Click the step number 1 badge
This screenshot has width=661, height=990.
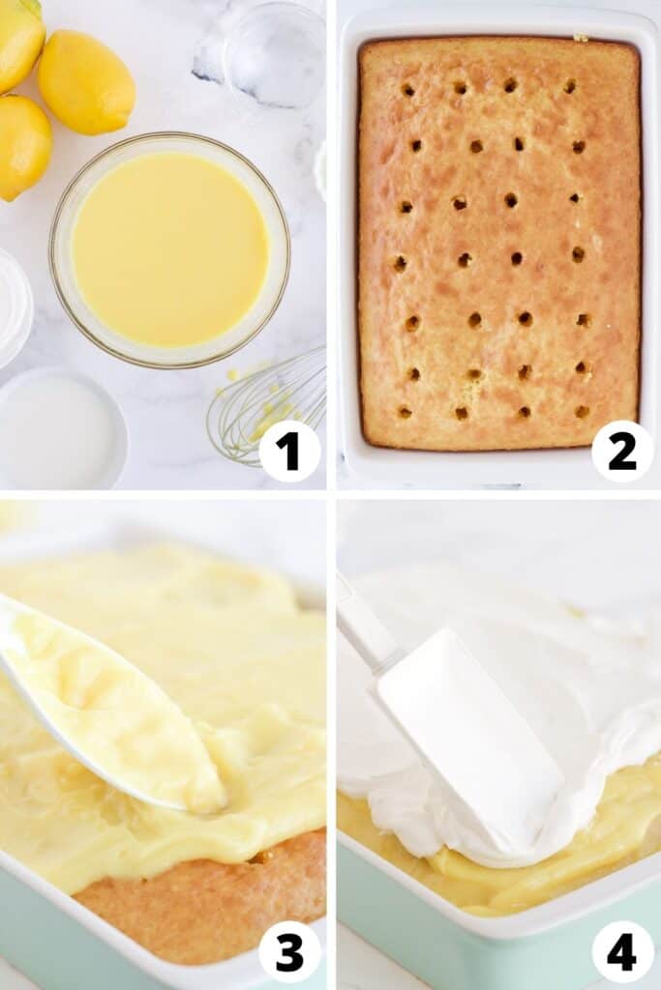pos(289,451)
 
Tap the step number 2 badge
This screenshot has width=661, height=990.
pos(622,451)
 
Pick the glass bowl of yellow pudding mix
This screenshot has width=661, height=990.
pos(170,250)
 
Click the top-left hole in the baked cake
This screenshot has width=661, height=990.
pos(408,90)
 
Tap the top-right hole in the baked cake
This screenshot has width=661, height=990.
pos(570,85)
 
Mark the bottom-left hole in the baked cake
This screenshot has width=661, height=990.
pos(406,413)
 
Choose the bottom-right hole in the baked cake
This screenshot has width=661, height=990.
pos(582,412)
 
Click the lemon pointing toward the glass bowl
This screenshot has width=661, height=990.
pos(86,82)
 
